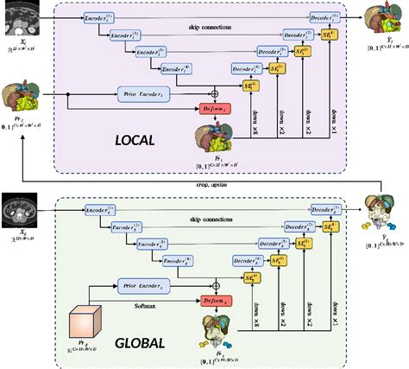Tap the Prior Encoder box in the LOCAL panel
(147, 89)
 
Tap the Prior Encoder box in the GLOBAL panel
(147, 283)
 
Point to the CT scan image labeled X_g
(19, 209)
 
